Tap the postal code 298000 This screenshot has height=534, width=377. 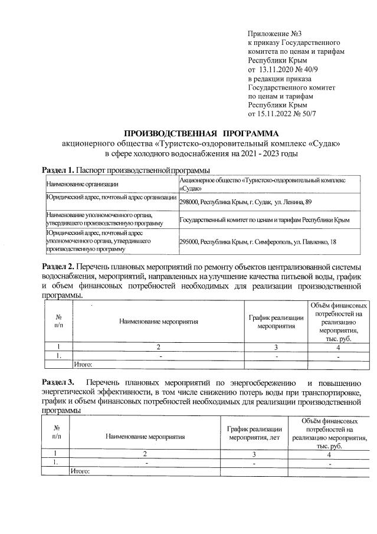(x=189, y=202)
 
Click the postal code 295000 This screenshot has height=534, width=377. (x=189, y=241)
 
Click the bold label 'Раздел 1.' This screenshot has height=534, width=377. (x=58, y=171)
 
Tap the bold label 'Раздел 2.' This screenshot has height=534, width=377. (x=58, y=267)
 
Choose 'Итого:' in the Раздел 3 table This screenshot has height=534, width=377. (x=80, y=471)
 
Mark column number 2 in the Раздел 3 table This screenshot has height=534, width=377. (x=145, y=454)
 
